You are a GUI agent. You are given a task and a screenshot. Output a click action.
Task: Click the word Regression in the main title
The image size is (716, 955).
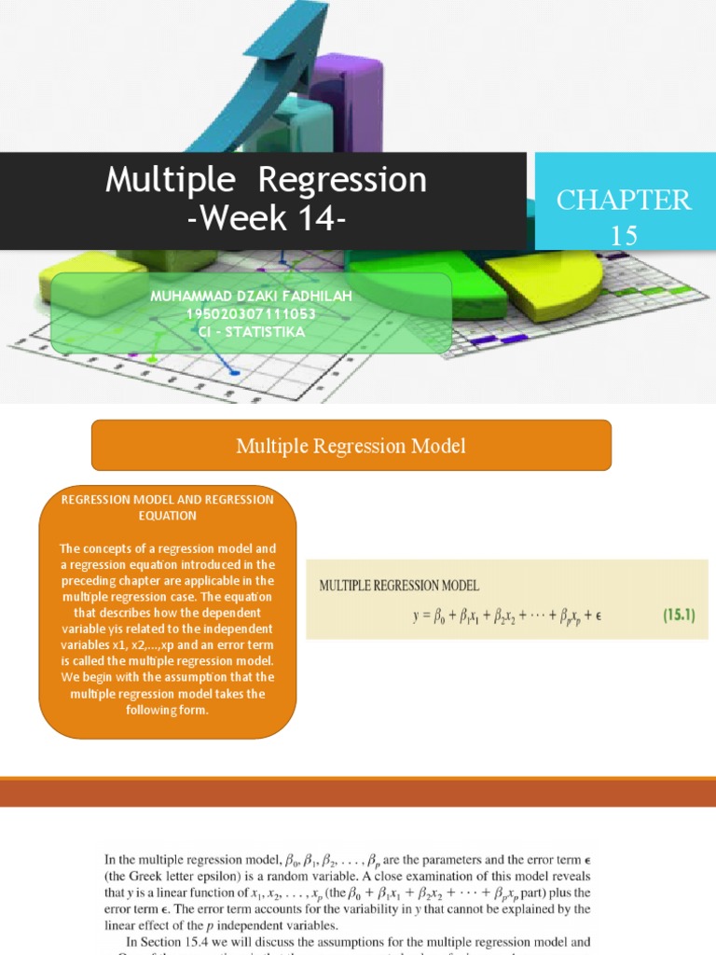pos(342,180)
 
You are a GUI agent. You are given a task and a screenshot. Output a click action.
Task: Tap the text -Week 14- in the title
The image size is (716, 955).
pos(267,221)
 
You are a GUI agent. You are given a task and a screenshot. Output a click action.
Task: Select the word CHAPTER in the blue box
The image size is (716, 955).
pos(624,200)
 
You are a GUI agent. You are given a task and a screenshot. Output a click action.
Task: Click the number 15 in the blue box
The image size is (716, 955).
pos(624,236)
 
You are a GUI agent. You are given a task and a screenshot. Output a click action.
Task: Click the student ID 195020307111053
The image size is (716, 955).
pos(246,314)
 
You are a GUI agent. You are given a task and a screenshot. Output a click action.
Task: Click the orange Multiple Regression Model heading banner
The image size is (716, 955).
pos(351,446)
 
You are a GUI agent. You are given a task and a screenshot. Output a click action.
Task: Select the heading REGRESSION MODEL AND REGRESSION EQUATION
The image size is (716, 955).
pos(168,507)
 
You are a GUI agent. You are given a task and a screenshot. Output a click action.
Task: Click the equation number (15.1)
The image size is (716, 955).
pos(685,616)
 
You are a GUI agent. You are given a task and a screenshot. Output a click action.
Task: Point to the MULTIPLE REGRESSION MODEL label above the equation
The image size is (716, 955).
pos(399,586)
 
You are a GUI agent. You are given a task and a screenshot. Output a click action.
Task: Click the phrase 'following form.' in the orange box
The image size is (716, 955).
pos(168,711)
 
